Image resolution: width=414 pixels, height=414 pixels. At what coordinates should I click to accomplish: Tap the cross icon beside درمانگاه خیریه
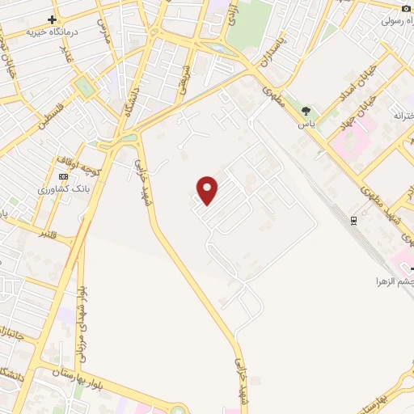point(53,19)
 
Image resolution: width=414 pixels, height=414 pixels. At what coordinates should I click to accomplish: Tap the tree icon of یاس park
point(306,110)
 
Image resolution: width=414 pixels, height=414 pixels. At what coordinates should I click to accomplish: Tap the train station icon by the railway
point(354,220)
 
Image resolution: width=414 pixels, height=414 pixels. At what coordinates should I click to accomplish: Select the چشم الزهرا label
point(393,281)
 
